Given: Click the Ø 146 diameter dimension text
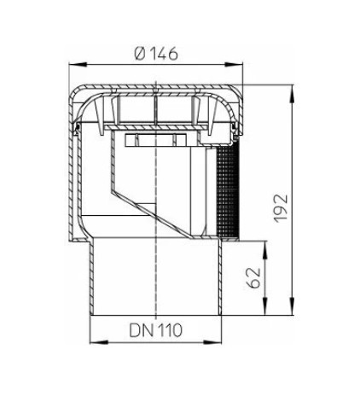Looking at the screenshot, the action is (156, 53).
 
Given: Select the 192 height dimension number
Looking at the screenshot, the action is (281, 208).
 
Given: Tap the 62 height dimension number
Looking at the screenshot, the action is (253, 277).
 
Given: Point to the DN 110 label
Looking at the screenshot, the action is (155, 330).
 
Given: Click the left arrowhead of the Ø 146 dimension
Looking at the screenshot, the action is (78, 65).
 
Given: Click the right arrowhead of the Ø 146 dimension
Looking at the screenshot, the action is (235, 65).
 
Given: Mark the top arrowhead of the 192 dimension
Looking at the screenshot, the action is (293, 93).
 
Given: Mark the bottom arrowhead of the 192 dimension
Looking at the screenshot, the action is (293, 306).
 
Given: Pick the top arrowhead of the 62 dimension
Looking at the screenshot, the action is (265, 249).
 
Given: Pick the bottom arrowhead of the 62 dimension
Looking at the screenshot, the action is (265, 306).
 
